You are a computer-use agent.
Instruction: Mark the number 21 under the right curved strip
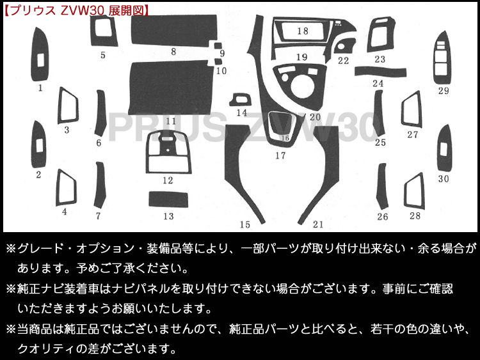[318, 224]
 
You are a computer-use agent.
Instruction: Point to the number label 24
[378, 84]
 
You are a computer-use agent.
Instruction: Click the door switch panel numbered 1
[39, 58]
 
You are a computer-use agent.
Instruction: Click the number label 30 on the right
[444, 179]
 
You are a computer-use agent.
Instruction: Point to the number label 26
[382, 217]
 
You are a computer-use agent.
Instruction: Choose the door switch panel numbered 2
[38, 146]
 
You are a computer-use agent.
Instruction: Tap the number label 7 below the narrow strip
[98, 216]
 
